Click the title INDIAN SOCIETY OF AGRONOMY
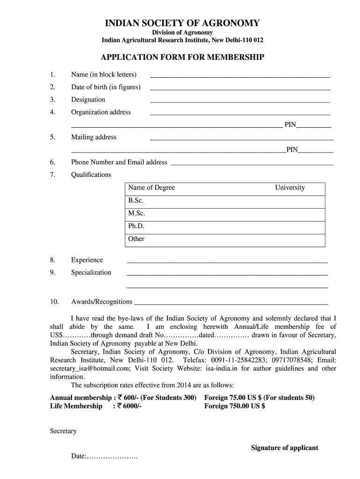click(182, 23)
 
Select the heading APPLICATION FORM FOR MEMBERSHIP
click(182, 57)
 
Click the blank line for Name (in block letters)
click(239, 76)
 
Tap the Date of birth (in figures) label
click(106, 87)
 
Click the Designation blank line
click(239, 101)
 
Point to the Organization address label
click(101, 112)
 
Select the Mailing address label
click(94, 137)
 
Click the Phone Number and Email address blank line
click(252, 164)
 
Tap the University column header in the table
click(289, 188)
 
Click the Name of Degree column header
click(151, 188)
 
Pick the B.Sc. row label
click(136, 200)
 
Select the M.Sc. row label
click(137, 213)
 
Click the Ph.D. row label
click(136, 226)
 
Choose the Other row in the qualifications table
click(137, 239)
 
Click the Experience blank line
click(227, 262)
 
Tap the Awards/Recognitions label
click(101, 302)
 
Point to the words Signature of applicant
click(284, 448)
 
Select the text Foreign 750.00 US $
click(235, 406)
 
